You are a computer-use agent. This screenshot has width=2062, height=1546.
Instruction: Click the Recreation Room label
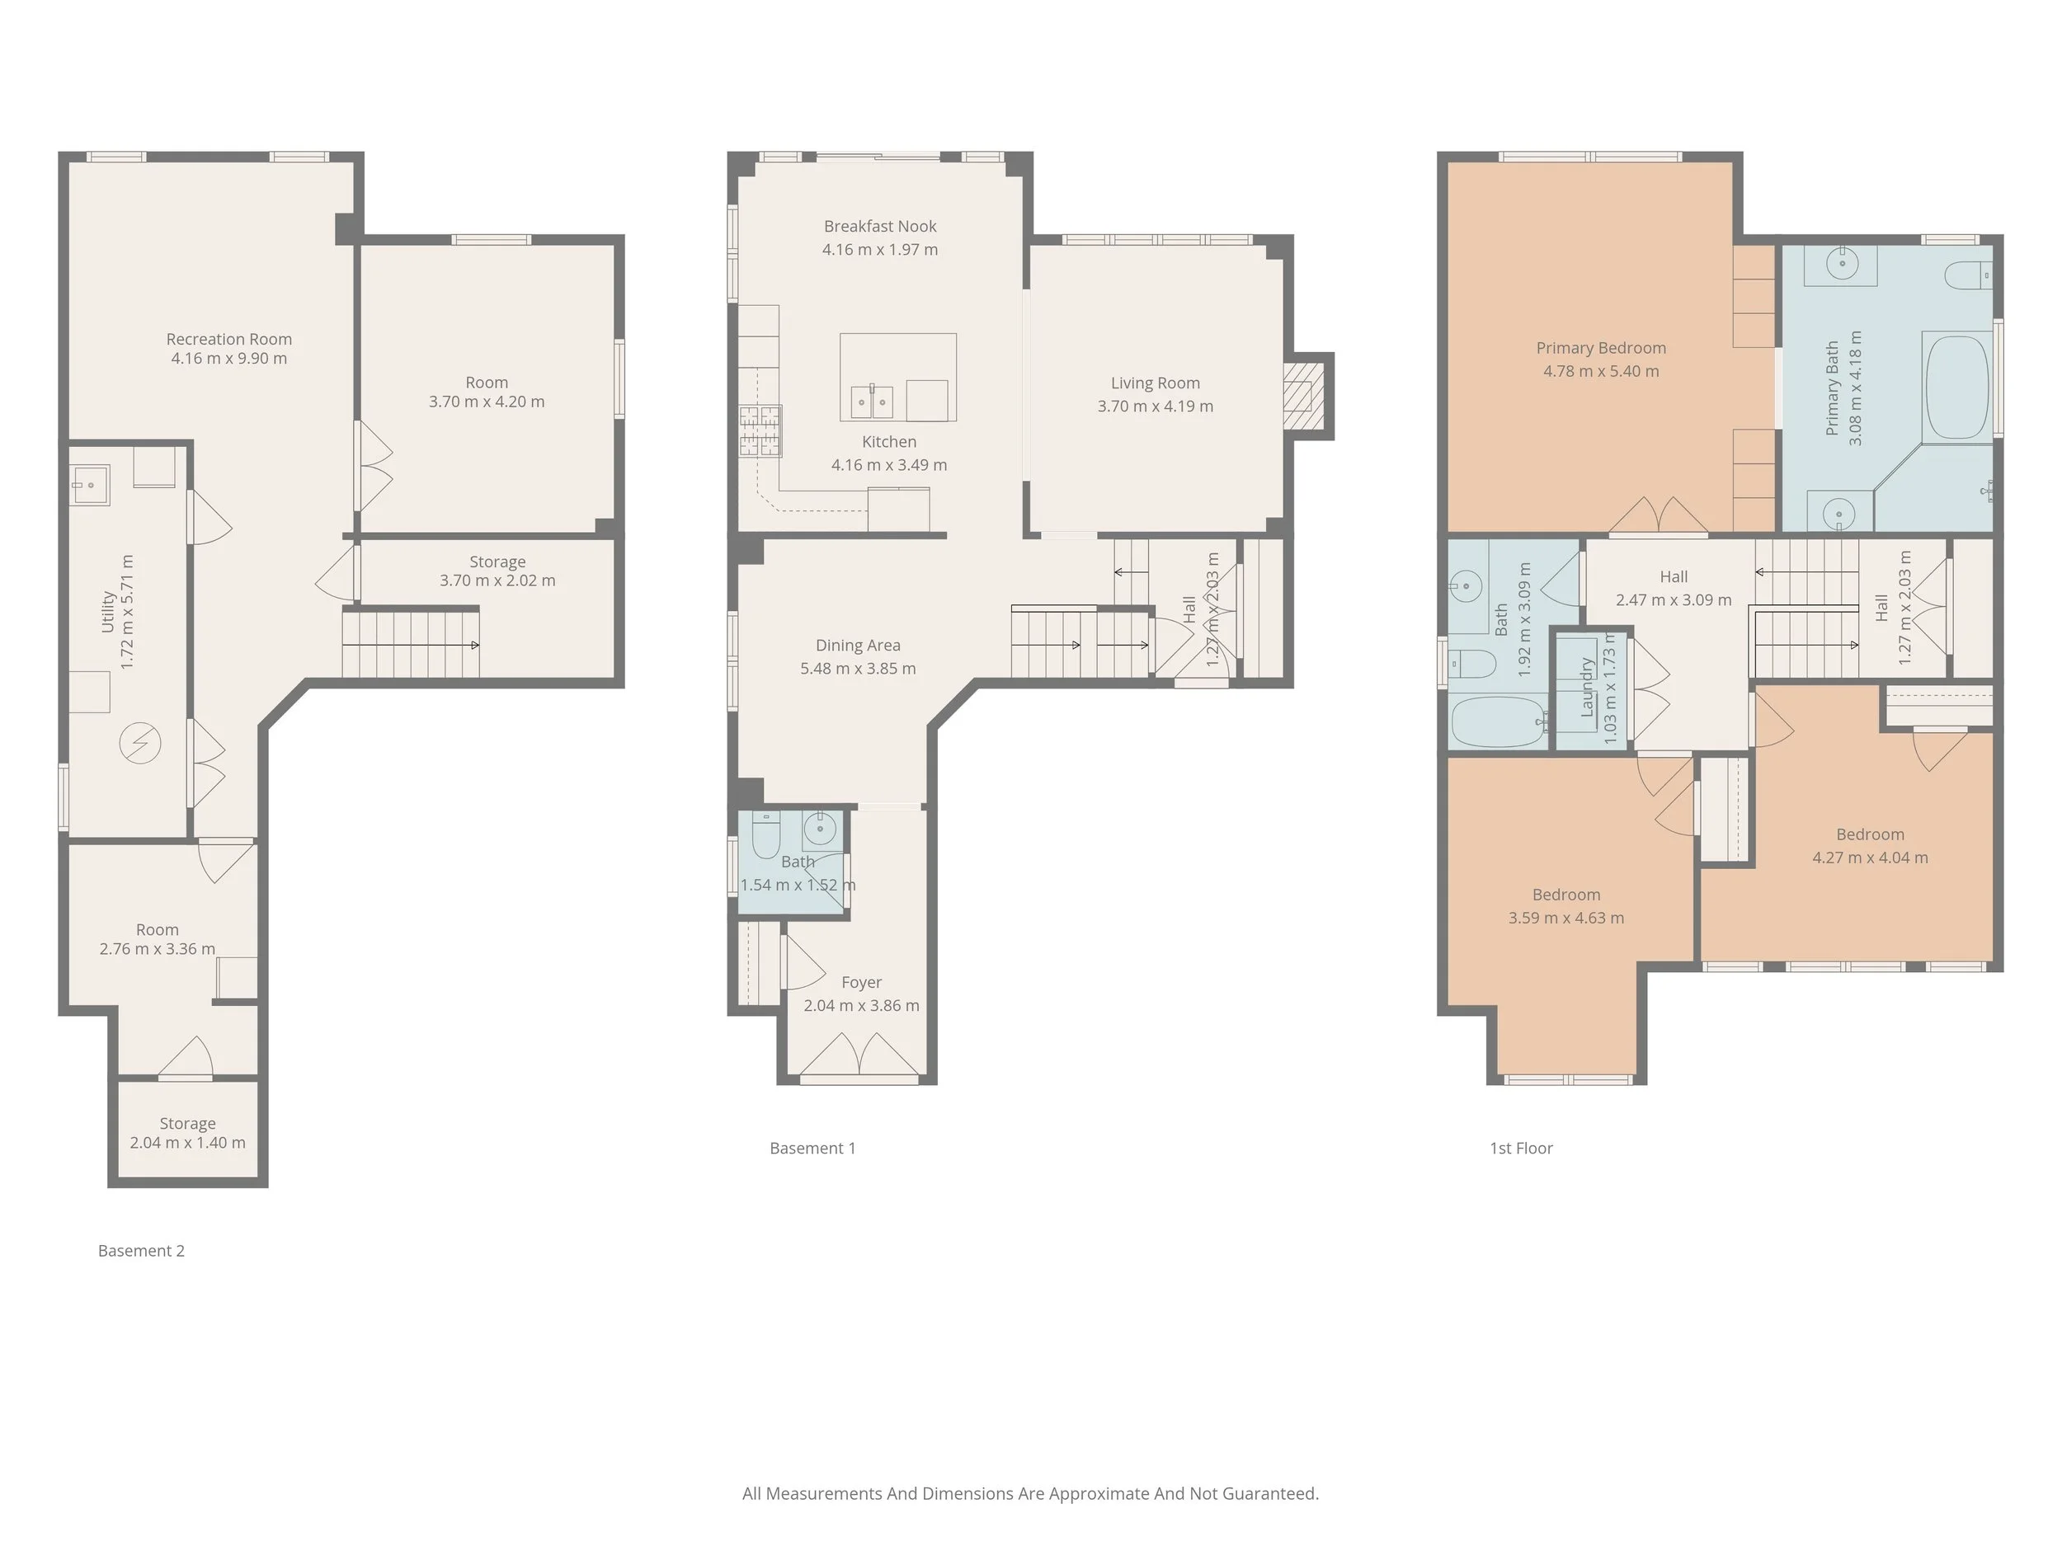[228, 339]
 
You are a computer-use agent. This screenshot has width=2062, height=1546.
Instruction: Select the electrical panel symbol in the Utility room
[140, 744]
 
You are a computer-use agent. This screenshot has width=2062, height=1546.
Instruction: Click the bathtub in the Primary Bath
[1956, 388]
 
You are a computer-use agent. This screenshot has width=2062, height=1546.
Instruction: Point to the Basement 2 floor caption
[141, 1251]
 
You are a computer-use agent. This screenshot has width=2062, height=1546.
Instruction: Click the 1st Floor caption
[1520, 1148]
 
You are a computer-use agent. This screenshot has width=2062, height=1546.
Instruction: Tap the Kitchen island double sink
[872, 402]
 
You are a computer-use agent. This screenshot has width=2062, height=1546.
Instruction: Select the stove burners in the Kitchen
[760, 430]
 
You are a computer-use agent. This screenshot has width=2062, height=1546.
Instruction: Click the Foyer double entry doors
[859, 1055]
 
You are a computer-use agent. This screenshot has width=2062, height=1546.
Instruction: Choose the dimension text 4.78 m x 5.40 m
[1601, 371]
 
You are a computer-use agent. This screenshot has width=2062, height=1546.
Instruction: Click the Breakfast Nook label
[880, 227]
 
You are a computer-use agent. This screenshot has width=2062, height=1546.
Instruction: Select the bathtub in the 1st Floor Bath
[1498, 722]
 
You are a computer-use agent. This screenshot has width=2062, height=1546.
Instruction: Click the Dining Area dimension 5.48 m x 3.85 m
[858, 668]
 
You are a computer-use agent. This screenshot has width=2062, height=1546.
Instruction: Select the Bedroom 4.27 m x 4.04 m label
[1869, 835]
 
